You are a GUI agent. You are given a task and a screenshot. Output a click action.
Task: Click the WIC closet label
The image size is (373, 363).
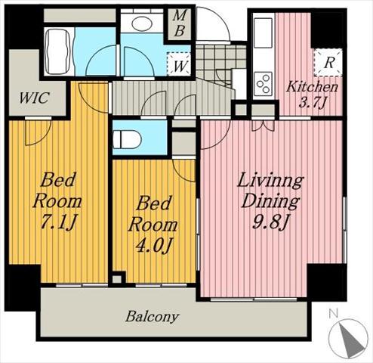point(35,98)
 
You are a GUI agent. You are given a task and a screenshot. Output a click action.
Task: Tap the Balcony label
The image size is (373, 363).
point(153,317)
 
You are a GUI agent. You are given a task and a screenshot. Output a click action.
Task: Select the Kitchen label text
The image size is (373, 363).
point(312,87)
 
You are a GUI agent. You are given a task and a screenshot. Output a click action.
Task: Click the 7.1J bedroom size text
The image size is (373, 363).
point(58,222)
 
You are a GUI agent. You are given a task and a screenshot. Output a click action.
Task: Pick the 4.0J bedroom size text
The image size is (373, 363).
point(154,245)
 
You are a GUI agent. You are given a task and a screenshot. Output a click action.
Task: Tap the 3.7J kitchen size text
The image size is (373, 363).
point(313,103)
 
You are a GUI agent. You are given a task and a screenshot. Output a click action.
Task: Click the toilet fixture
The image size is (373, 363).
point(127,139)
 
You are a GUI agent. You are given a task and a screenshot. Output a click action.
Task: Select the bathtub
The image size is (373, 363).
point(59,51)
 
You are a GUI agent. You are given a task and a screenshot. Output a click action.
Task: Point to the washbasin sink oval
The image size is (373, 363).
point(142,23)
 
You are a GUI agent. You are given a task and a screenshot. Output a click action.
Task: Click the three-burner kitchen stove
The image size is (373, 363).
point(263,84)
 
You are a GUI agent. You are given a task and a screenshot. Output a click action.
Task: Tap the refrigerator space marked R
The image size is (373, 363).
point(328,63)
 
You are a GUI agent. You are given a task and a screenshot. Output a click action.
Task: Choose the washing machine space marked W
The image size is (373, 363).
point(179,64)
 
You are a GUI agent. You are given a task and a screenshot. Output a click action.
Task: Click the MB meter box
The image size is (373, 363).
point(179,24)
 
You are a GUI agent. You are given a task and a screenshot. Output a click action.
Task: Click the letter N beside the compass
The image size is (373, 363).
point(333,313)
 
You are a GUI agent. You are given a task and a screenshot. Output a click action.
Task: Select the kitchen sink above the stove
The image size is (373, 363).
point(263,33)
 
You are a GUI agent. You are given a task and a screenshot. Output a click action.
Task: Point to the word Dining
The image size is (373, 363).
point(270,201)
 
